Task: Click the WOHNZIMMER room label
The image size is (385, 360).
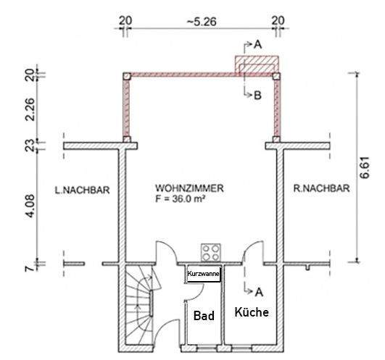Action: pyautogui.click(x=189, y=188)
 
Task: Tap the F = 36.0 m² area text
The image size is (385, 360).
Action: pyautogui.click(x=180, y=198)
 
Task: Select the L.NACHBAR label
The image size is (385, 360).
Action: pyautogui.click(x=82, y=190)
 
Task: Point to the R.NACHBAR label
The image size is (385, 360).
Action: pyautogui.click(x=321, y=188)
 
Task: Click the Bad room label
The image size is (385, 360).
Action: pyautogui.click(x=204, y=315)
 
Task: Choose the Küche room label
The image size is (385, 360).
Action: pyautogui.click(x=252, y=312)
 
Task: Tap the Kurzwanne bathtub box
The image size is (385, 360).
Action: pyautogui.click(x=204, y=274)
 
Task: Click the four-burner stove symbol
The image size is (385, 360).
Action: pyautogui.click(x=211, y=253)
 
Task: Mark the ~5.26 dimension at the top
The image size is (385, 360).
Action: pyautogui.click(x=202, y=22)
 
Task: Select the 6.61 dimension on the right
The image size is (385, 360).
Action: pyautogui.click(x=364, y=168)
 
